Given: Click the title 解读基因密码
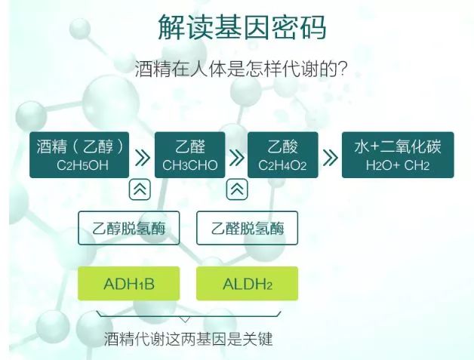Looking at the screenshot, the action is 242,27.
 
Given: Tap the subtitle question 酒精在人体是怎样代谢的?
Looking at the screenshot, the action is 241,69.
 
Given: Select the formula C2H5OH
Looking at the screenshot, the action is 82,165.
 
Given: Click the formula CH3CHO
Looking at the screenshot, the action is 190,165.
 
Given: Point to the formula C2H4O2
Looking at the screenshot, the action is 282,165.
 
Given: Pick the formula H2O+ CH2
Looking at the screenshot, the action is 398,165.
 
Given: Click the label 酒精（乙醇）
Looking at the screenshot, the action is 81,146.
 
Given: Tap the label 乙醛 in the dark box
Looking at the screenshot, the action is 190,146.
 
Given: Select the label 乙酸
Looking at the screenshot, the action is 282,146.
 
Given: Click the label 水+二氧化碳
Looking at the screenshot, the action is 398,146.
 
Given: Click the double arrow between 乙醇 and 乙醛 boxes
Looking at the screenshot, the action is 143,157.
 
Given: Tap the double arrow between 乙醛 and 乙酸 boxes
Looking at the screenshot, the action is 237,157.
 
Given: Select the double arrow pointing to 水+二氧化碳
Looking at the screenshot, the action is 331,157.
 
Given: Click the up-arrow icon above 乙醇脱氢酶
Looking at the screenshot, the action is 140,189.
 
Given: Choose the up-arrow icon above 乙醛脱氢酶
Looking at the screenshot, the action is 237,189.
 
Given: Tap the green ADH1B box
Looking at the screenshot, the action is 129,284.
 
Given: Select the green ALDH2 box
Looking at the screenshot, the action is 248,284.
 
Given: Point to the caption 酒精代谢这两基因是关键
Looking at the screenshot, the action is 188,339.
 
